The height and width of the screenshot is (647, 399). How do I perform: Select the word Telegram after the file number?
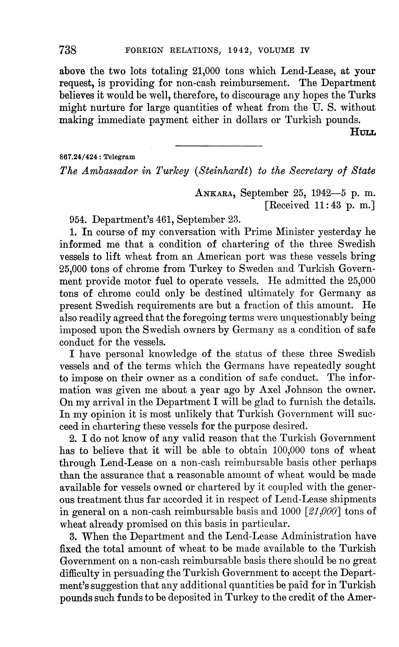119,157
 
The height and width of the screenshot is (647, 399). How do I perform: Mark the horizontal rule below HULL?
218,146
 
